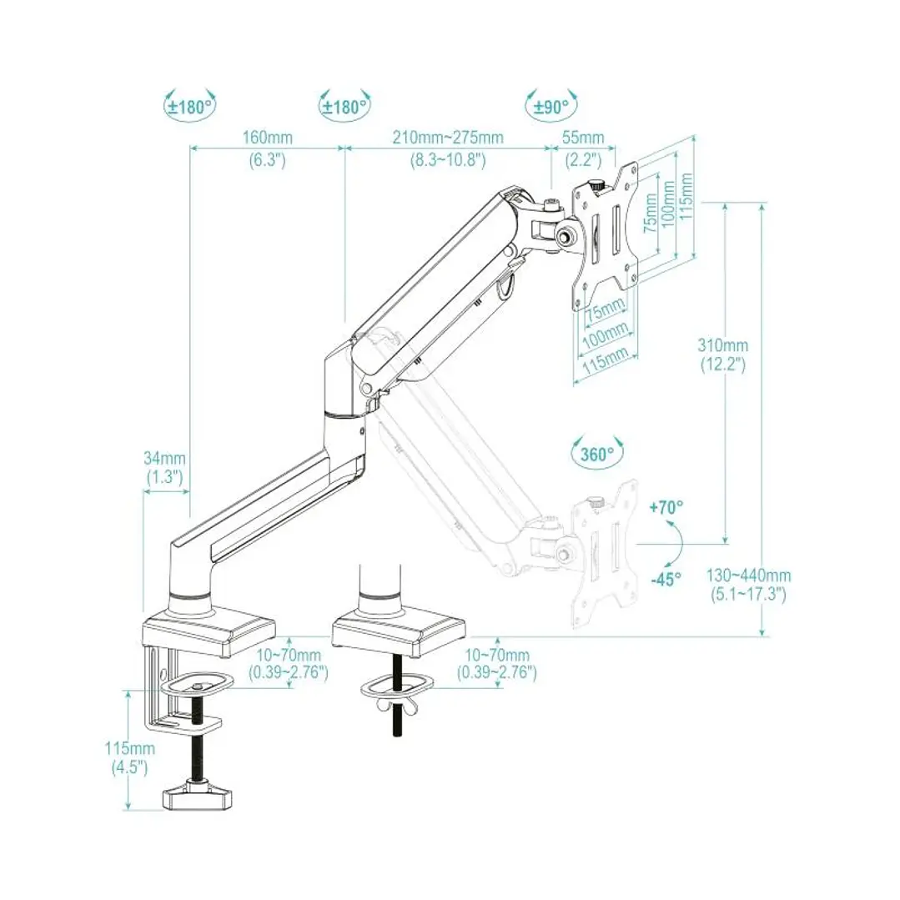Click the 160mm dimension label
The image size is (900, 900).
click(x=267, y=137)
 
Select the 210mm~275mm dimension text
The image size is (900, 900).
click(x=448, y=137)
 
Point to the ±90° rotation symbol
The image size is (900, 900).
click(x=551, y=106)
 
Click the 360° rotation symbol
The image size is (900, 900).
click(x=598, y=454)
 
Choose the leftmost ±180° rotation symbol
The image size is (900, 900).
click(x=189, y=106)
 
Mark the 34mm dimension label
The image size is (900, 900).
click(x=165, y=458)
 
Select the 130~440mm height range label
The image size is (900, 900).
click(x=749, y=576)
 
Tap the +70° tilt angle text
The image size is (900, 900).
click(x=666, y=506)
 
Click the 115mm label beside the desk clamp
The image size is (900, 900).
click(x=129, y=749)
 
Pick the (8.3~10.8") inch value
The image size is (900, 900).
click(x=448, y=159)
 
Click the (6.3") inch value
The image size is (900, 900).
click(x=267, y=159)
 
